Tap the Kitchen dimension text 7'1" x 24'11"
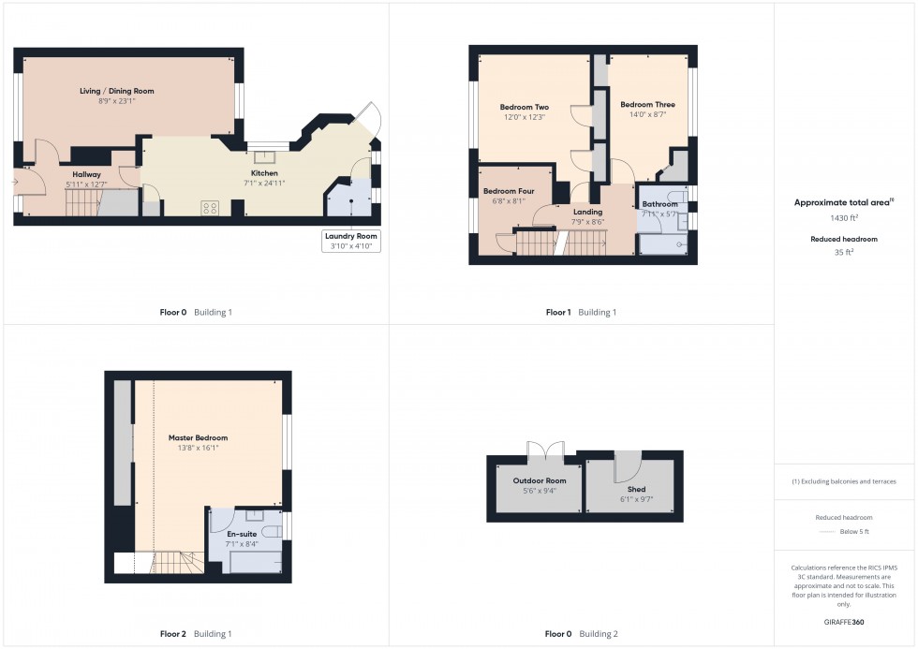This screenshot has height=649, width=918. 263,183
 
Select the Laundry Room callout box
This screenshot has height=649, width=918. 350,241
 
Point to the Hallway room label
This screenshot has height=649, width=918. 86,174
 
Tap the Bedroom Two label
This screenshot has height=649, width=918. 524,108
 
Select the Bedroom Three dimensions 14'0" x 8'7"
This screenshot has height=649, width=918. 647,114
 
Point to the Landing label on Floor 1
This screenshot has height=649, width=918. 587,212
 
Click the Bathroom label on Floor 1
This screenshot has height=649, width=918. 659,204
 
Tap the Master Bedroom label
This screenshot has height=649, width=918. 198,437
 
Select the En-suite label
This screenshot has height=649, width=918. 242,534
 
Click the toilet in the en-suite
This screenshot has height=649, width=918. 270,532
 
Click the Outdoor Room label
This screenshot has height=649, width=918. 539,480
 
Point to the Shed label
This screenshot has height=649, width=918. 635,490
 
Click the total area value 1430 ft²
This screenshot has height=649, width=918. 845,217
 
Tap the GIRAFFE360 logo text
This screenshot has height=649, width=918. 845,622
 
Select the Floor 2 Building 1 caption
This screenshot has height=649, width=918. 195,634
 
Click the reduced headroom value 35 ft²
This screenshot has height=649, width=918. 845,252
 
